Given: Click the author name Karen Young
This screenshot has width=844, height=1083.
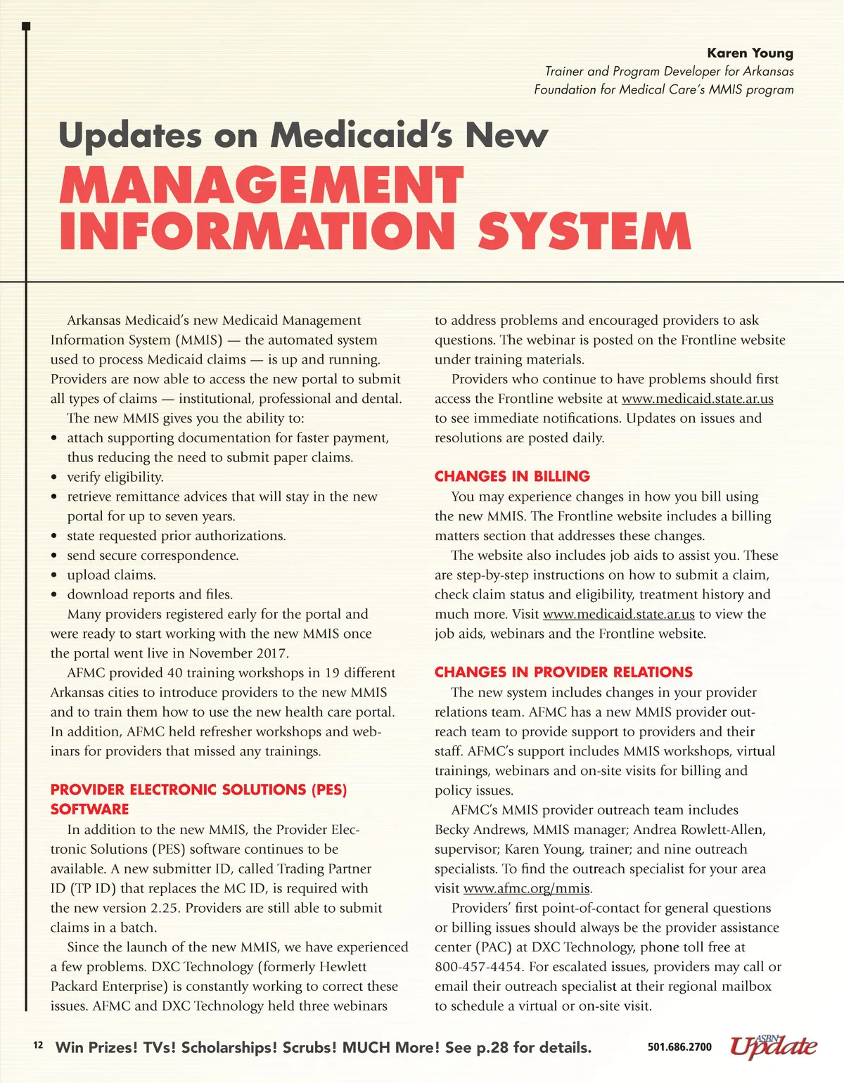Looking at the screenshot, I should tap(750, 53).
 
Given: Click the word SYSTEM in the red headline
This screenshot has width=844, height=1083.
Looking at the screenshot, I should tap(584, 231).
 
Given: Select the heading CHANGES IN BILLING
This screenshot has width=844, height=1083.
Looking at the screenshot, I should tap(512, 476).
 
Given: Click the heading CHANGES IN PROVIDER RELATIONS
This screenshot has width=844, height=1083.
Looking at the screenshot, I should tap(563, 672).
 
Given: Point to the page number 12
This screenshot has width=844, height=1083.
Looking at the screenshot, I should tap(38, 1045).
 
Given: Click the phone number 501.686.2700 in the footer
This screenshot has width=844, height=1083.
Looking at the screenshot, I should tap(679, 1047).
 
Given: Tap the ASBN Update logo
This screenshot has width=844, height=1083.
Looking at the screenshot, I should tap(773, 1046).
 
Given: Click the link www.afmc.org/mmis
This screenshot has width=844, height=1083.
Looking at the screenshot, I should tap(527, 888).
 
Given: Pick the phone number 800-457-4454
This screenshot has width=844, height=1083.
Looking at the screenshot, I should tap(478, 967).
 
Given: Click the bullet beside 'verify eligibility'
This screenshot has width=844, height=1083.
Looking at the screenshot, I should tap(55, 478).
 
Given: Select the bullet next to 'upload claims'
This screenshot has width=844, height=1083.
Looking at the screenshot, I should tap(55, 575).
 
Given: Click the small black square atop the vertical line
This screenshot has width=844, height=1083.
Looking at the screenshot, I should tap(26, 26).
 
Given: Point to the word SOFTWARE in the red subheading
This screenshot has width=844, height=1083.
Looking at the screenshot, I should tap(90, 809).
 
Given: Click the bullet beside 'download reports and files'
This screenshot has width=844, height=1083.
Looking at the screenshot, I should tap(55, 595).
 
